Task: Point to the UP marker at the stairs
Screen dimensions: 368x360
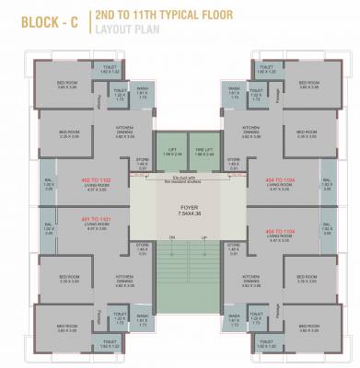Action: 204,237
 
